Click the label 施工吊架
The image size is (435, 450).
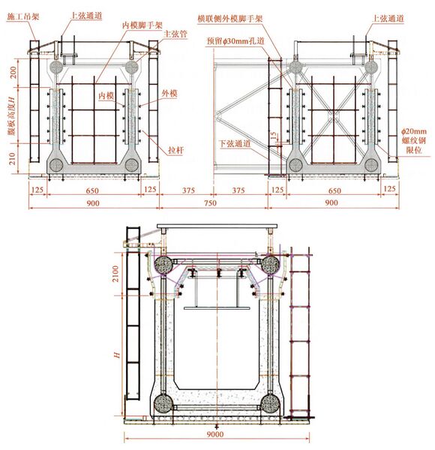tap(22, 16)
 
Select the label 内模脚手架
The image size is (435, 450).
tap(142, 25)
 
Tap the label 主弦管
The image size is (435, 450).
tap(175, 34)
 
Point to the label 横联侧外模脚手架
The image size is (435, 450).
tap(230, 19)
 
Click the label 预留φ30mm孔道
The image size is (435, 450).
tap(235, 41)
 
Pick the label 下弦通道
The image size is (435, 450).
tap(235, 143)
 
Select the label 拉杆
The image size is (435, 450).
tap(175, 150)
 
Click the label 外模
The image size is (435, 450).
tap(169, 93)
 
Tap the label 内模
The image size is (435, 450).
tap(106, 95)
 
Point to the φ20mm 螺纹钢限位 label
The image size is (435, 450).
tap(414, 141)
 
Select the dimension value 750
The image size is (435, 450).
tap(210, 203)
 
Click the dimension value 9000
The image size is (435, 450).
tap(215, 434)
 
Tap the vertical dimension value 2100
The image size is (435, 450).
tap(115, 274)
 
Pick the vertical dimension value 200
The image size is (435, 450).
tap(13, 73)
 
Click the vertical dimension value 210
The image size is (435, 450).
tap(12, 158)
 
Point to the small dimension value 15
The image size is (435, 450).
tap(274, 135)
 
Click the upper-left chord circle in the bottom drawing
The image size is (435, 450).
tap(163, 264)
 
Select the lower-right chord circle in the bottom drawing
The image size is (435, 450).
tap(270, 403)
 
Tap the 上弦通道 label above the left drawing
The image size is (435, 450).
tap(86, 16)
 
